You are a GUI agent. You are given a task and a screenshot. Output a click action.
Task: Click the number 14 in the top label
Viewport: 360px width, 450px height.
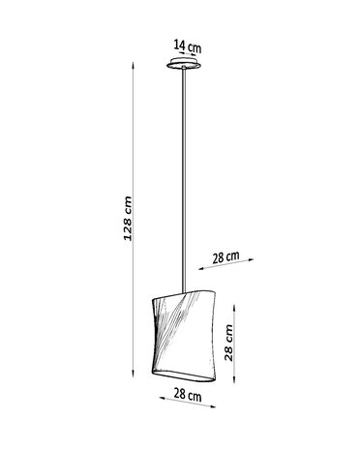(x=179, y=44)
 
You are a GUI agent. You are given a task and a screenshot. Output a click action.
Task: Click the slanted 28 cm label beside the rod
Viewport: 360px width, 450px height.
(x=226, y=257)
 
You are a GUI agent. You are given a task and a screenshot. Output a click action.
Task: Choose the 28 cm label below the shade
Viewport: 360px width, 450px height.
(x=189, y=394)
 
